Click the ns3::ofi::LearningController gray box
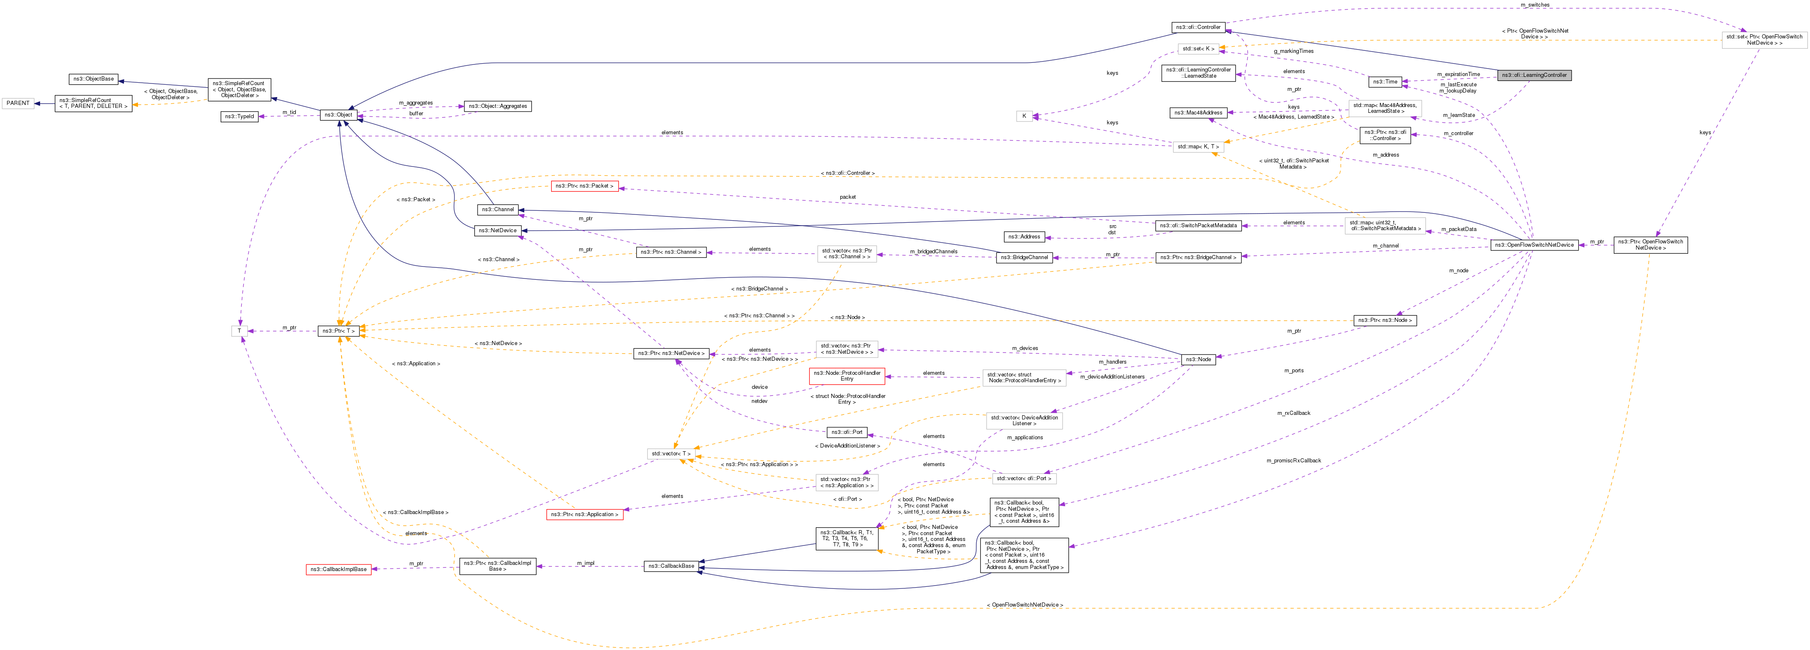coord(1534,75)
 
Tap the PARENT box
coord(18,103)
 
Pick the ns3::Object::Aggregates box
coord(497,106)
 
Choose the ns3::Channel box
coord(497,210)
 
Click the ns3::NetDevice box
coord(497,231)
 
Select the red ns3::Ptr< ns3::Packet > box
coord(584,186)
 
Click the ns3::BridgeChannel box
coord(1026,257)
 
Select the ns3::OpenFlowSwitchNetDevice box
coord(1534,245)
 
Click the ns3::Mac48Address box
coord(1198,112)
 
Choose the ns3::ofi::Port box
coord(847,432)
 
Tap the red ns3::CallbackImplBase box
coord(339,569)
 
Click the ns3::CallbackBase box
coord(671,566)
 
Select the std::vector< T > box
coord(671,454)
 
